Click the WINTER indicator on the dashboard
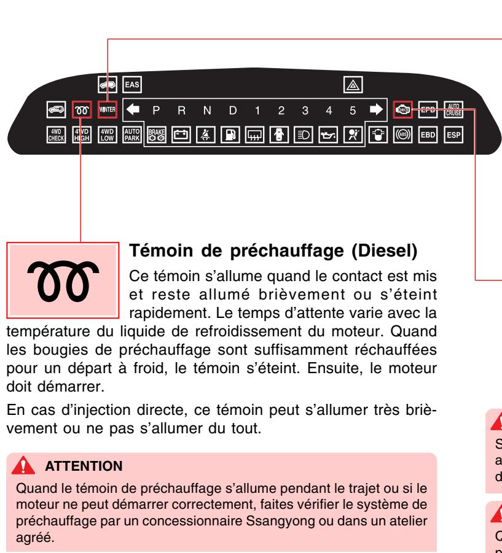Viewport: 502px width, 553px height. (x=108, y=109)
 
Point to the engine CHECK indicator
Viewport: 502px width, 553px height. (x=403, y=109)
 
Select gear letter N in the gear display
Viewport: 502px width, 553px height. (x=208, y=110)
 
